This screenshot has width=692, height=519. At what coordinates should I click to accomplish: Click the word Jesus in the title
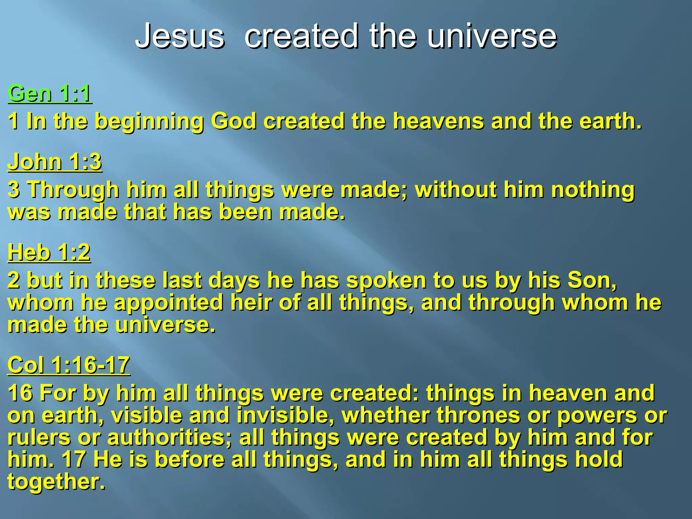pyautogui.click(x=180, y=36)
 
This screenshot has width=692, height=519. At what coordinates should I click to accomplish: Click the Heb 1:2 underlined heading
pyautogui.click(x=49, y=252)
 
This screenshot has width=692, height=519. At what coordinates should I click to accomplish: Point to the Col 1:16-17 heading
pyautogui.click(x=69, y=365)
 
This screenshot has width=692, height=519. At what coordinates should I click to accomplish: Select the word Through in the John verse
pyautogui.click(x=73, y=190)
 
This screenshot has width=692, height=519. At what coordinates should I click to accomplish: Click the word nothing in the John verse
pyautogui.click(x=593, y=190)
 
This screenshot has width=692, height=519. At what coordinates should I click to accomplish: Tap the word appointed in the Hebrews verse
pyautogui.click(x=169, y=303)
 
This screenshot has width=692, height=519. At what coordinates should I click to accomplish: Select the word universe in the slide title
pyautogui.click(x=492, y=36)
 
